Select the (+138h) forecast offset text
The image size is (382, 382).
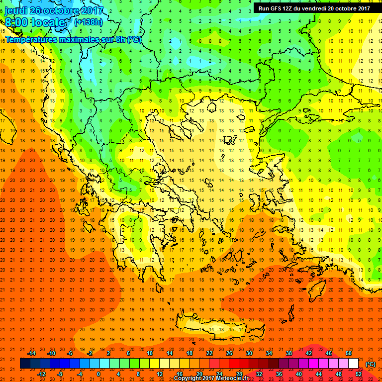[x=89, y=22]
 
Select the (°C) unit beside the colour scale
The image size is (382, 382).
[x=370, y=364]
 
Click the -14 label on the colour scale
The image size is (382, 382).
[x=32, y=353]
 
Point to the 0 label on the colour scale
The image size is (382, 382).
[x=98, y=374]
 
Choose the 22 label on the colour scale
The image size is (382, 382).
[x=209, y=353]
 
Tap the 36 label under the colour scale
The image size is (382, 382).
[x=279, y=374]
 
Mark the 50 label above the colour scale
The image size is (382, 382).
[x=349, y=353]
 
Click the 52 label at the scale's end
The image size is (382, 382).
[x=359, y=374]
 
